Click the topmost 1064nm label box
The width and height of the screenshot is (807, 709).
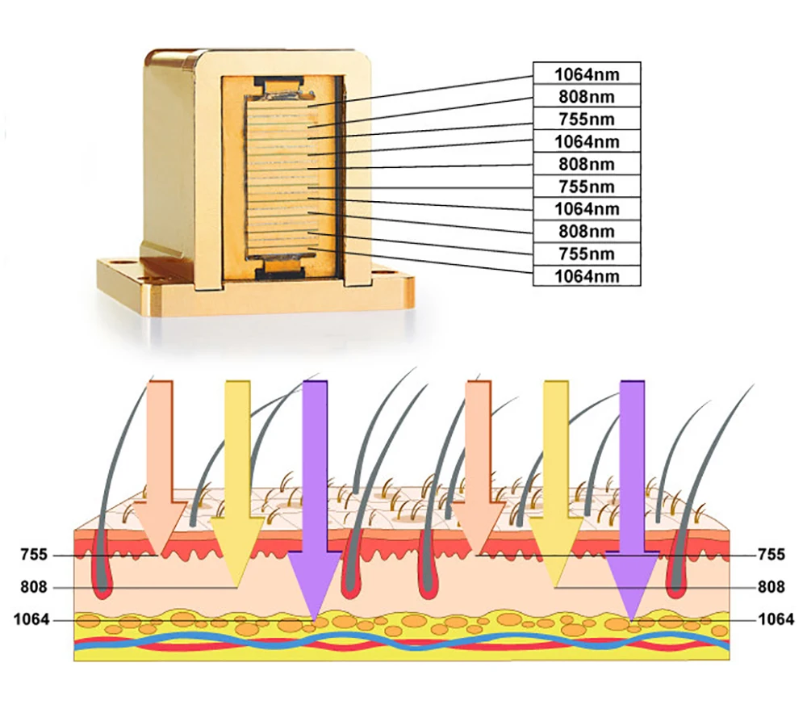click(587, 73)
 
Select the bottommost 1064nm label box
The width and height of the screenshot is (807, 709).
click(587, 276)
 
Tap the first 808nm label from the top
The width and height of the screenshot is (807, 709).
click(587, 96)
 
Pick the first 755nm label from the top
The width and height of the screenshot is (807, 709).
click(587, 119)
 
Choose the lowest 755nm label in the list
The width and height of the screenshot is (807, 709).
click(587, 254)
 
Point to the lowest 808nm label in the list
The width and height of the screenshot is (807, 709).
click(587, 231)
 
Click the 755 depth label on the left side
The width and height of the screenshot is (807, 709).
click(35, 555)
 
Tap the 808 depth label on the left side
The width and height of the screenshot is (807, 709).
click(35, 587)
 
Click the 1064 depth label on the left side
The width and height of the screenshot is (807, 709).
click(31, 619)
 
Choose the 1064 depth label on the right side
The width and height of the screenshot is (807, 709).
click(776, 619)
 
